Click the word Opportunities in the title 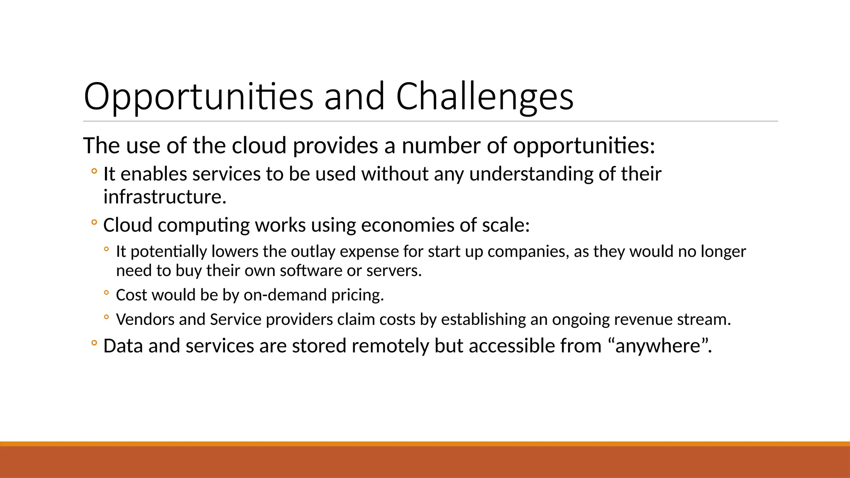click(x=198, y=97)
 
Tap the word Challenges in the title click(x=484, y=97)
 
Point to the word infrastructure click(x=165, y=197)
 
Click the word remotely click(x=390, y=346)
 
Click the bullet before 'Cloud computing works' click(x=94, y=223)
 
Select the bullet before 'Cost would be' click(x=106, y=293)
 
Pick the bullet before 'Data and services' click(x=94, y=343)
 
